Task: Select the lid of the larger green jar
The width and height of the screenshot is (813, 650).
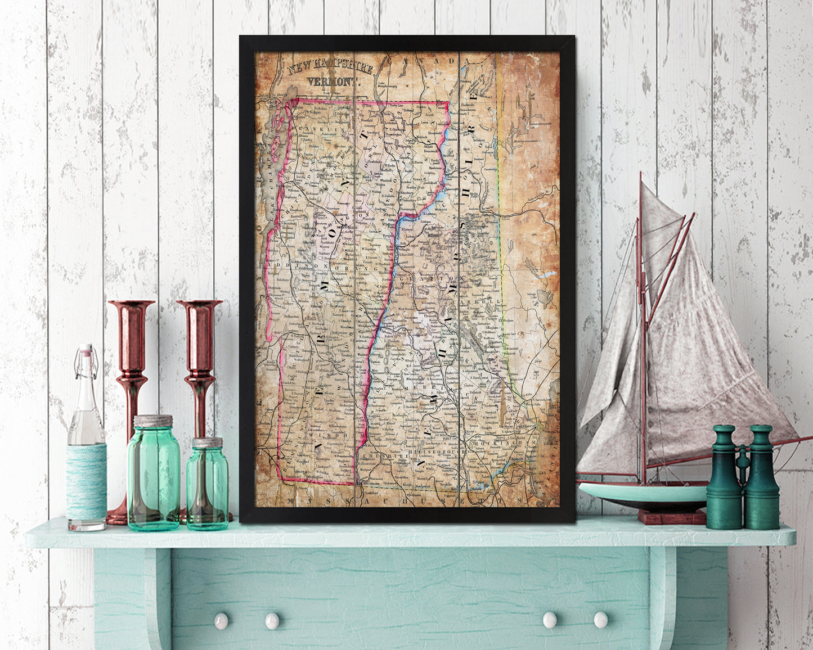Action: click(153, 421)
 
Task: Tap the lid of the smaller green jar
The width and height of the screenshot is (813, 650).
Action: click(208, 443)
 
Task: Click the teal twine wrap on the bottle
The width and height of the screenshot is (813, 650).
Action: click(86, 481)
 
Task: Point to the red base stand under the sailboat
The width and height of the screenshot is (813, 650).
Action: click(672, 516)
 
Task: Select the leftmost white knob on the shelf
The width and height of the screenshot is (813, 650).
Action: click(221, 621)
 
